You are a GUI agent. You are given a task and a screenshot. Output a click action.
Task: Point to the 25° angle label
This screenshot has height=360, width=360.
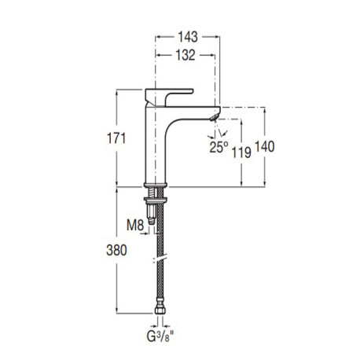(x=218, y=146)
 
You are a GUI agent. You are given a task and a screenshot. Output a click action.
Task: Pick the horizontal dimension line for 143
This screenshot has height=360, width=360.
(x=189, y=46)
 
